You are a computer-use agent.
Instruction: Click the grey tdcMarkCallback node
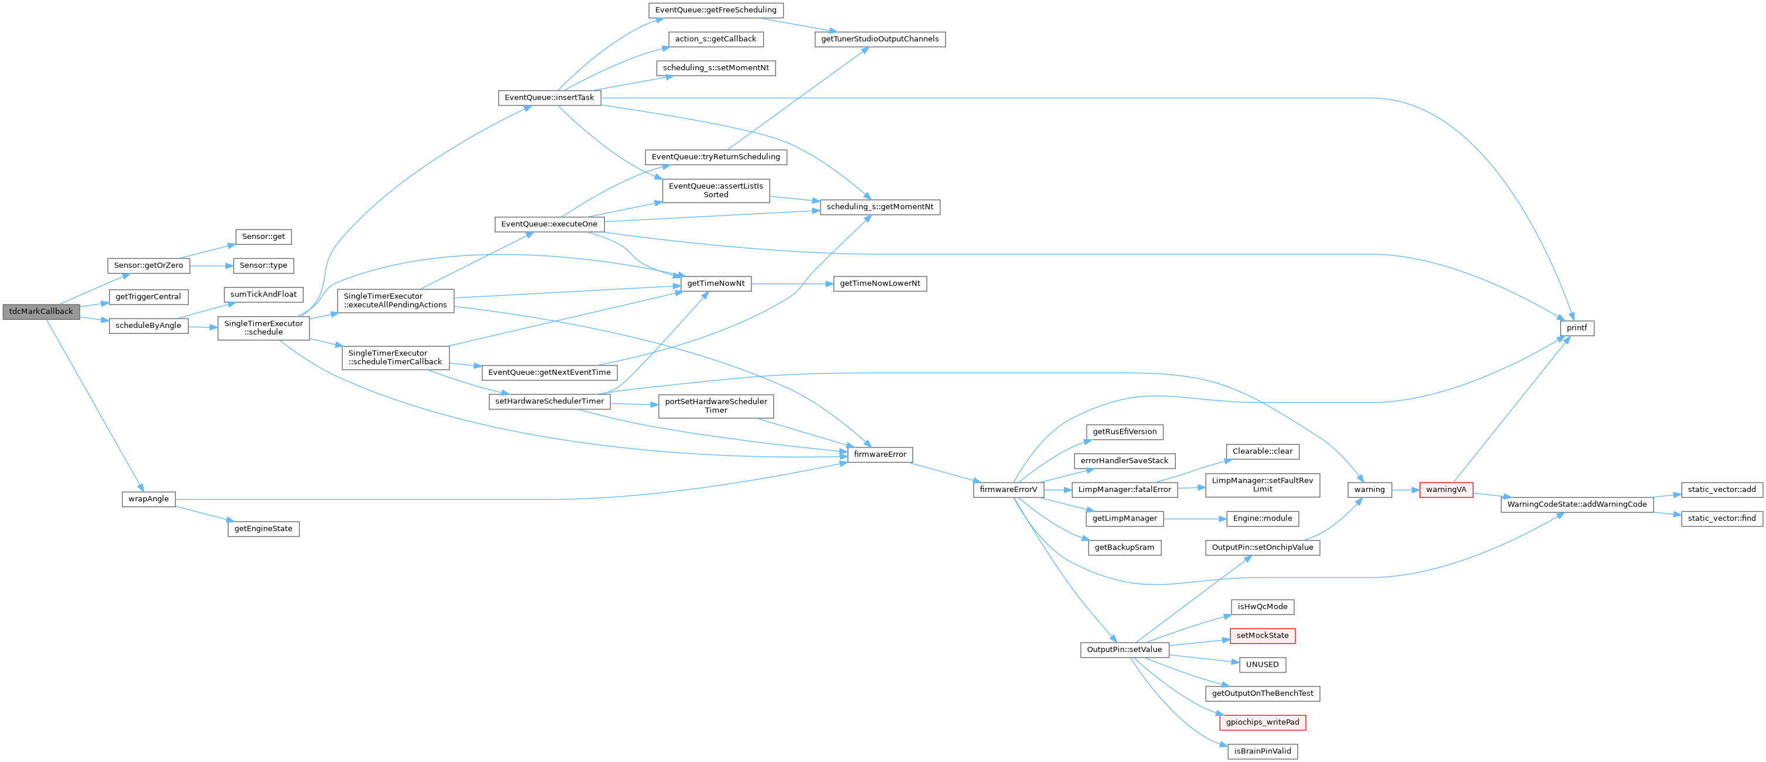click(x=41, y=312)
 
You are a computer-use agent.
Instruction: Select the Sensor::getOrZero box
click(x=149, y=265)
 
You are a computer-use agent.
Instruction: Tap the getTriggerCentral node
click(x=148, y=297)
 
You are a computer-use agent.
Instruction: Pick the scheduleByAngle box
click(x=148, y=326)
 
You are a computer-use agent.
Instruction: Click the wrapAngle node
click(x=148, y=499)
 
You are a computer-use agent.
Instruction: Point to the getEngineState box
click(x=263, y=529)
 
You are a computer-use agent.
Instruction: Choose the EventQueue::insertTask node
click(x=549, y=97)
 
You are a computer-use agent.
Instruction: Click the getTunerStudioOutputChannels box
click(x=880, y=39)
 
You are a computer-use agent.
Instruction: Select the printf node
click(x=1577, y=328)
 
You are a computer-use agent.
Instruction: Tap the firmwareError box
click(x=880, y=455)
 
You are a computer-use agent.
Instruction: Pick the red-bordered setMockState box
click(x=1262, y=636)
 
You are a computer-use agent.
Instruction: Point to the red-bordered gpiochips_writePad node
click(x=1262, y=722)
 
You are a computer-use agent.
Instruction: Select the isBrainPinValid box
click(x=1262, y=751)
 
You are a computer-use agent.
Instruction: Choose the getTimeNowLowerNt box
click(x=880, y=283)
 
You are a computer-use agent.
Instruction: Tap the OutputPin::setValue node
click(x=1124, y=650)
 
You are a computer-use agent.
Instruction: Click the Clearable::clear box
click(x=1262, y=452)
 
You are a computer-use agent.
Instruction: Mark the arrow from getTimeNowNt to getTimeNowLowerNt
click(x=792, y=283)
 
